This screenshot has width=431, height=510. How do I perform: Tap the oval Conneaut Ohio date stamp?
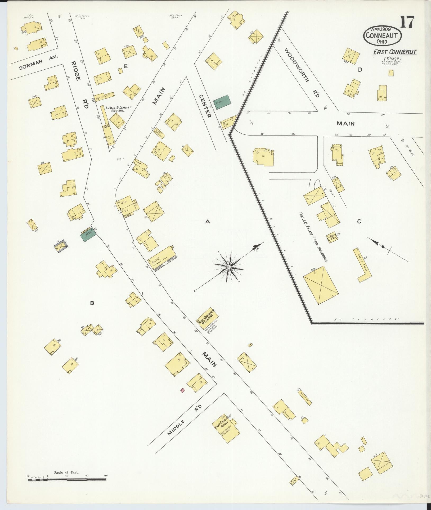click(383, 36)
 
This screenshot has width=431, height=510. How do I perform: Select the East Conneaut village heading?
click(395, 52)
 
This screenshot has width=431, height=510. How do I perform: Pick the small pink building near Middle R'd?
click(182, 390)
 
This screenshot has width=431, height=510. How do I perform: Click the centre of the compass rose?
click(228, 267)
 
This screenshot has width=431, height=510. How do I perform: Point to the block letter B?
click(92, 303)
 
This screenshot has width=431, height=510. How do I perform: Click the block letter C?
click(359, 222)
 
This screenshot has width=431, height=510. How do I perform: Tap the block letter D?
click(360, 70)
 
